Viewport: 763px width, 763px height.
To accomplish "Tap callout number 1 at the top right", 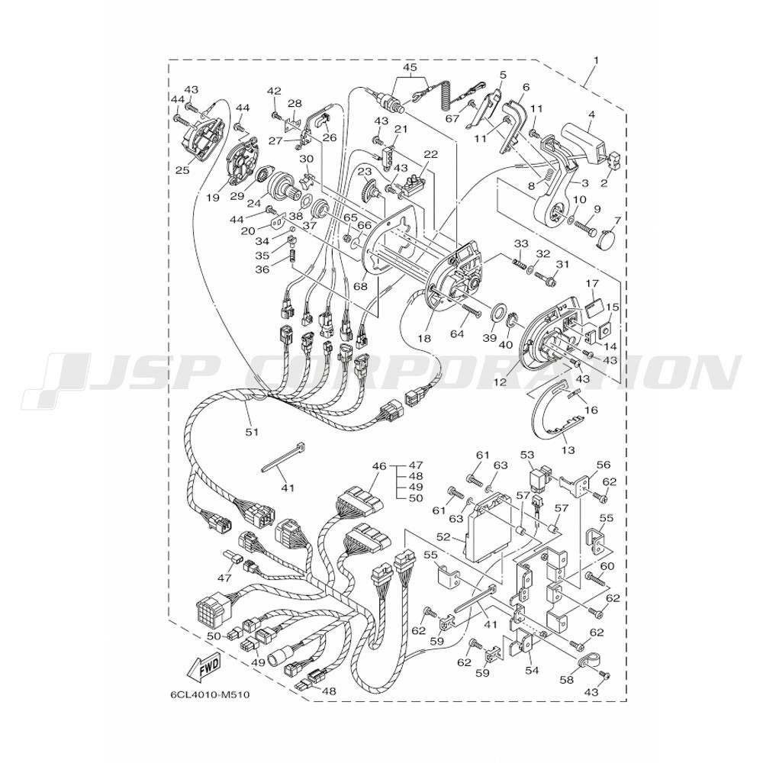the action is [596, 60].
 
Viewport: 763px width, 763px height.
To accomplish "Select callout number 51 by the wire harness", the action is [252, 431].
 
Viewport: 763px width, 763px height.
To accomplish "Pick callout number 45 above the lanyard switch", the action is [410, 66].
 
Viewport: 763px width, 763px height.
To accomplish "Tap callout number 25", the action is [182, 170].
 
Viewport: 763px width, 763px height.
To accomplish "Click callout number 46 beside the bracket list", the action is [379, 466].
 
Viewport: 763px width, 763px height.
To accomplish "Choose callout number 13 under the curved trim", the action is [568, 449].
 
